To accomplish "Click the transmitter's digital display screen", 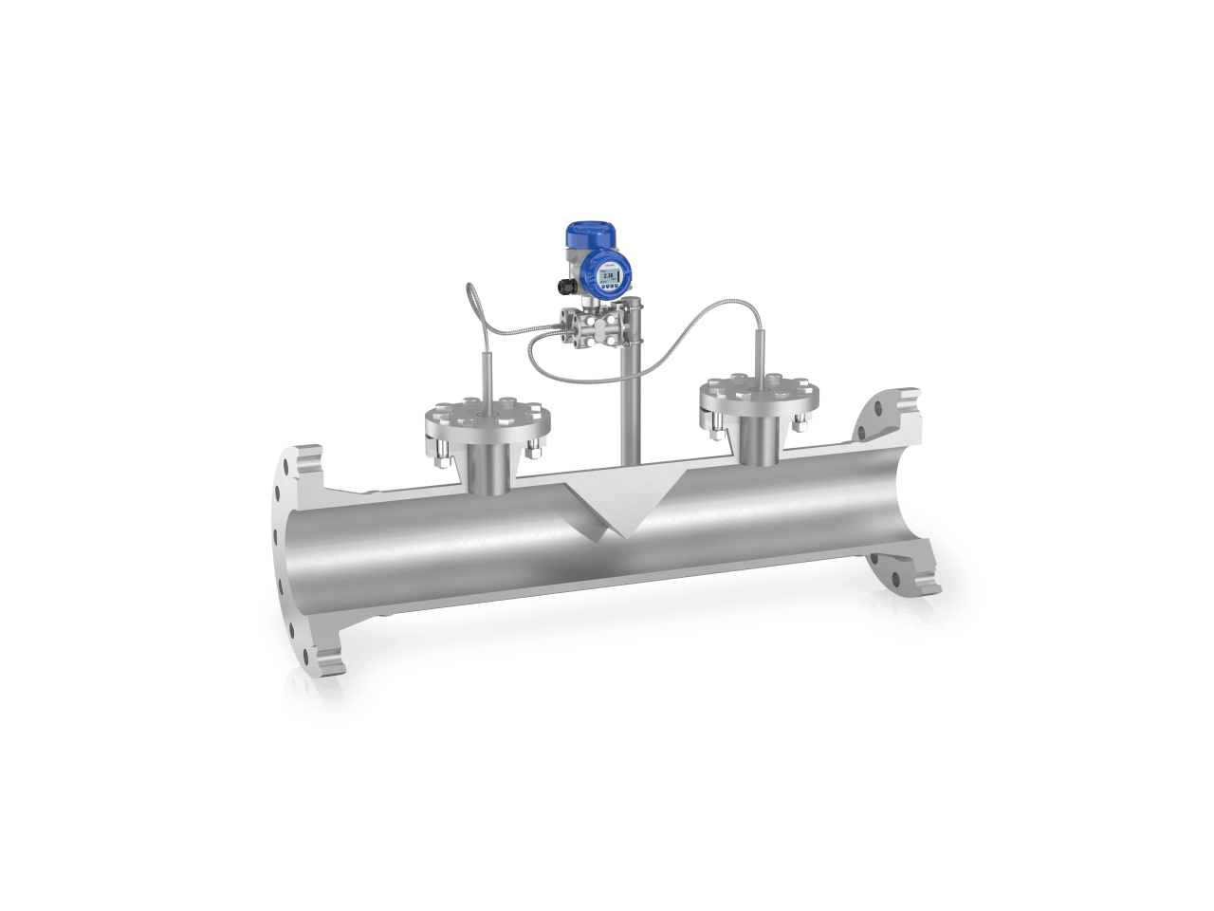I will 609,275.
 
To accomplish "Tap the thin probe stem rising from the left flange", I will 489,375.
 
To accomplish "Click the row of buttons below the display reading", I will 609,287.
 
